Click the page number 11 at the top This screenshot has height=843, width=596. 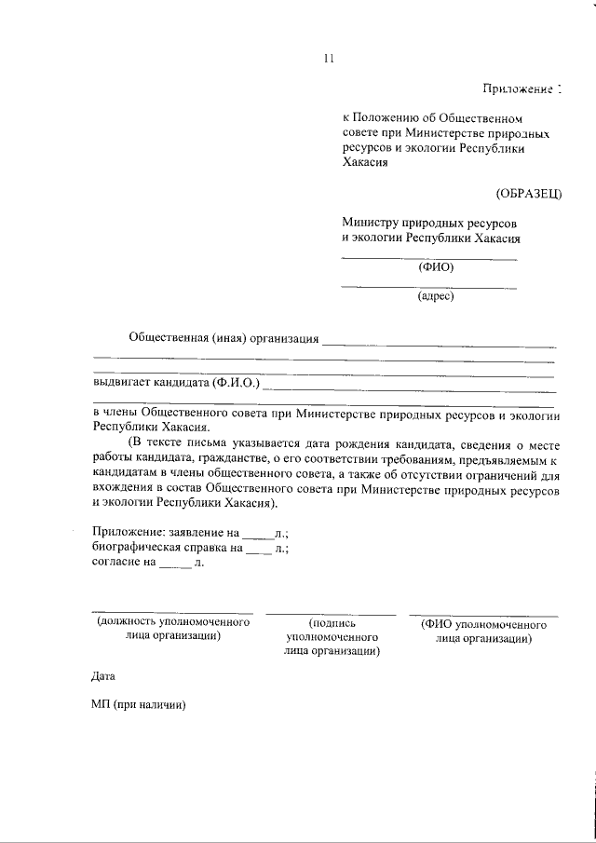coord(328,59)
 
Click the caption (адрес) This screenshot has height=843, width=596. coord(434,297)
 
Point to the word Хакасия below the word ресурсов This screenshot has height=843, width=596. coord(364,161)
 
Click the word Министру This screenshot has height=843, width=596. coord(370,224)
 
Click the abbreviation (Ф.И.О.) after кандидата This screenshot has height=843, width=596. coord(241,382)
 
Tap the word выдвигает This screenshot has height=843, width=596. coord(125,382)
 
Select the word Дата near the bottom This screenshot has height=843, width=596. coord(104,674)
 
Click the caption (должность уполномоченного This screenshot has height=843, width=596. coord(173,622)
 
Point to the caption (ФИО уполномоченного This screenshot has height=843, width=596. coord(483,624)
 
